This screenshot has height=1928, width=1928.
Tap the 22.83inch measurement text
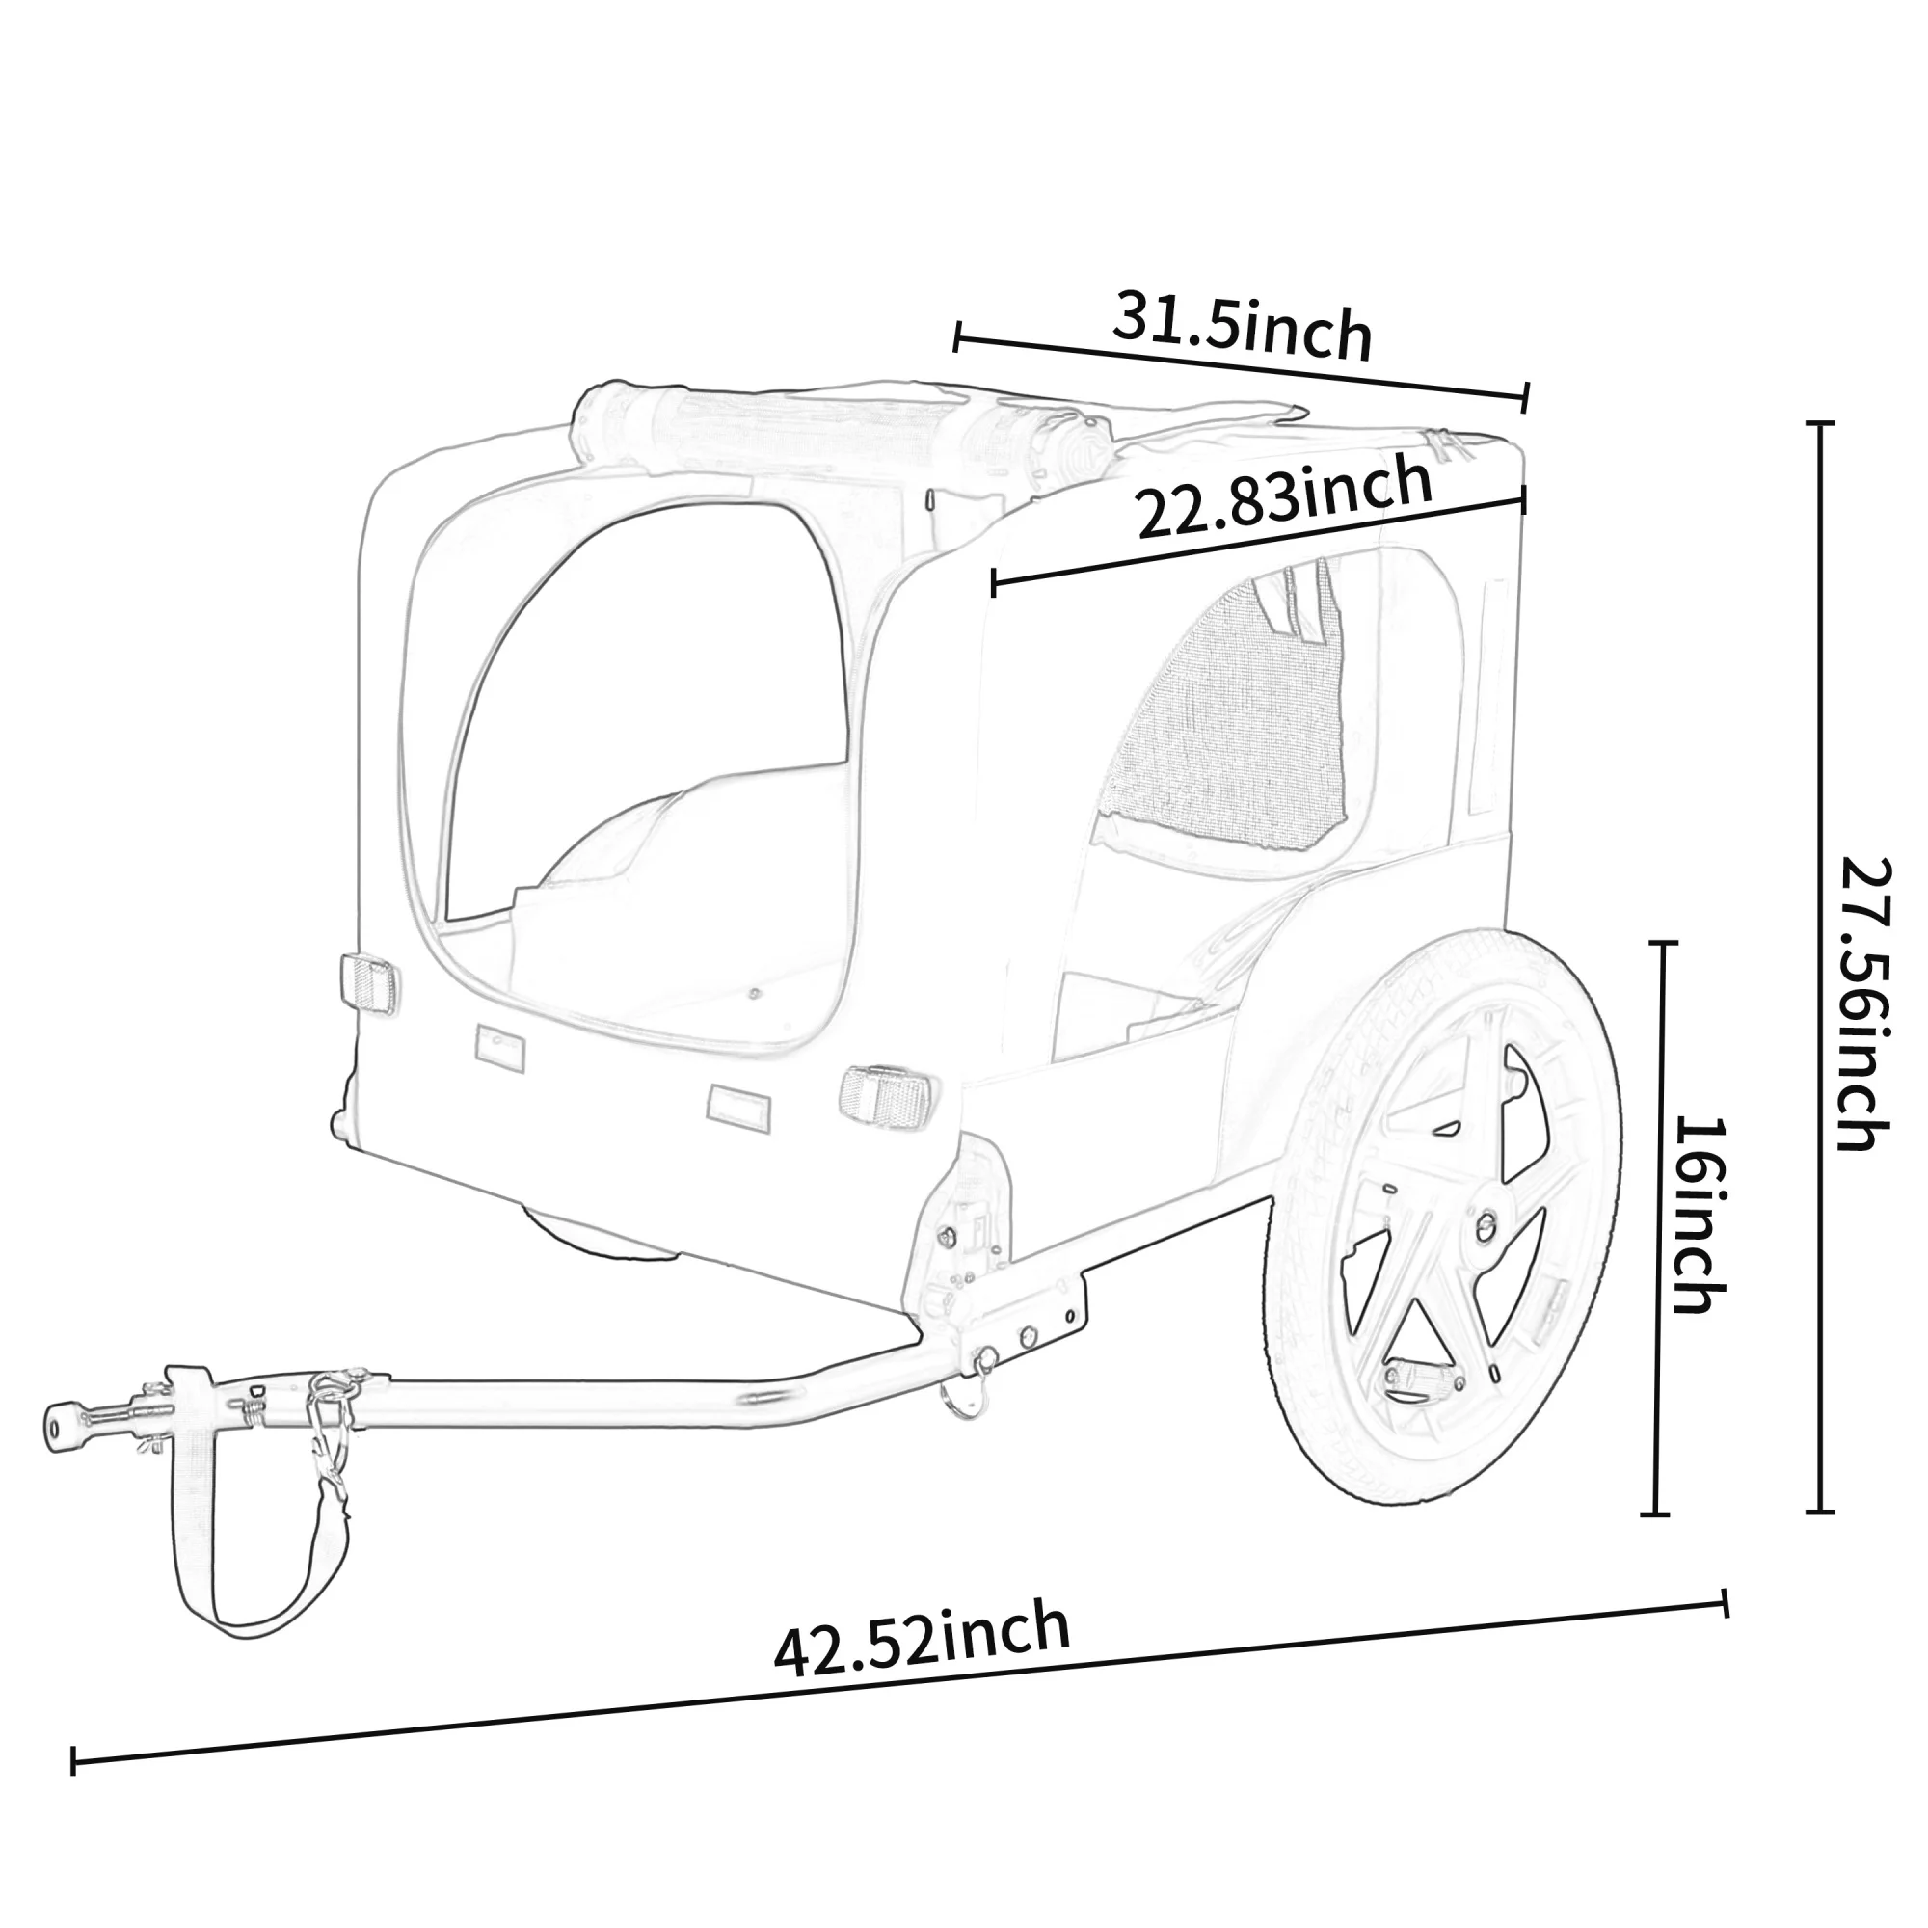[1285, 495]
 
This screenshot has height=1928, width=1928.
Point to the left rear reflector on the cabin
[368, 984]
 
